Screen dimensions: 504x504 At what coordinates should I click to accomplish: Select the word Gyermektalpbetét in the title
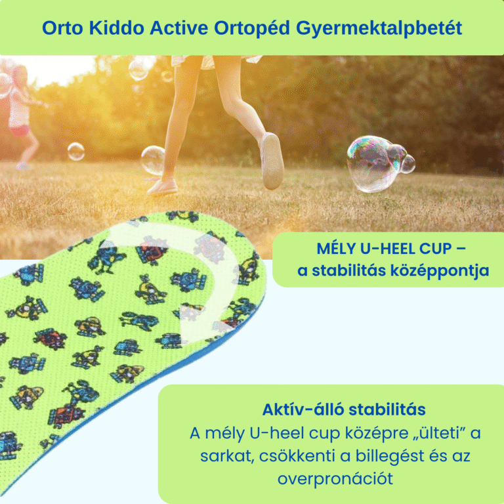(x=379, y=28)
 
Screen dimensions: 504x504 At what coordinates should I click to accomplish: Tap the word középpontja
(x=442, y=271)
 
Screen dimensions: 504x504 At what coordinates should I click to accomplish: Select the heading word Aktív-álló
(x=303, y=410)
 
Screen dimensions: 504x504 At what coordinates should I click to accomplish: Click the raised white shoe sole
(x=271, y=161)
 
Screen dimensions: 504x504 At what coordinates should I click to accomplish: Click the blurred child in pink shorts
(x=18, y=112)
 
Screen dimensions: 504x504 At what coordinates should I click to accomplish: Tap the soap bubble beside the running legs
(x=153, y=159)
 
